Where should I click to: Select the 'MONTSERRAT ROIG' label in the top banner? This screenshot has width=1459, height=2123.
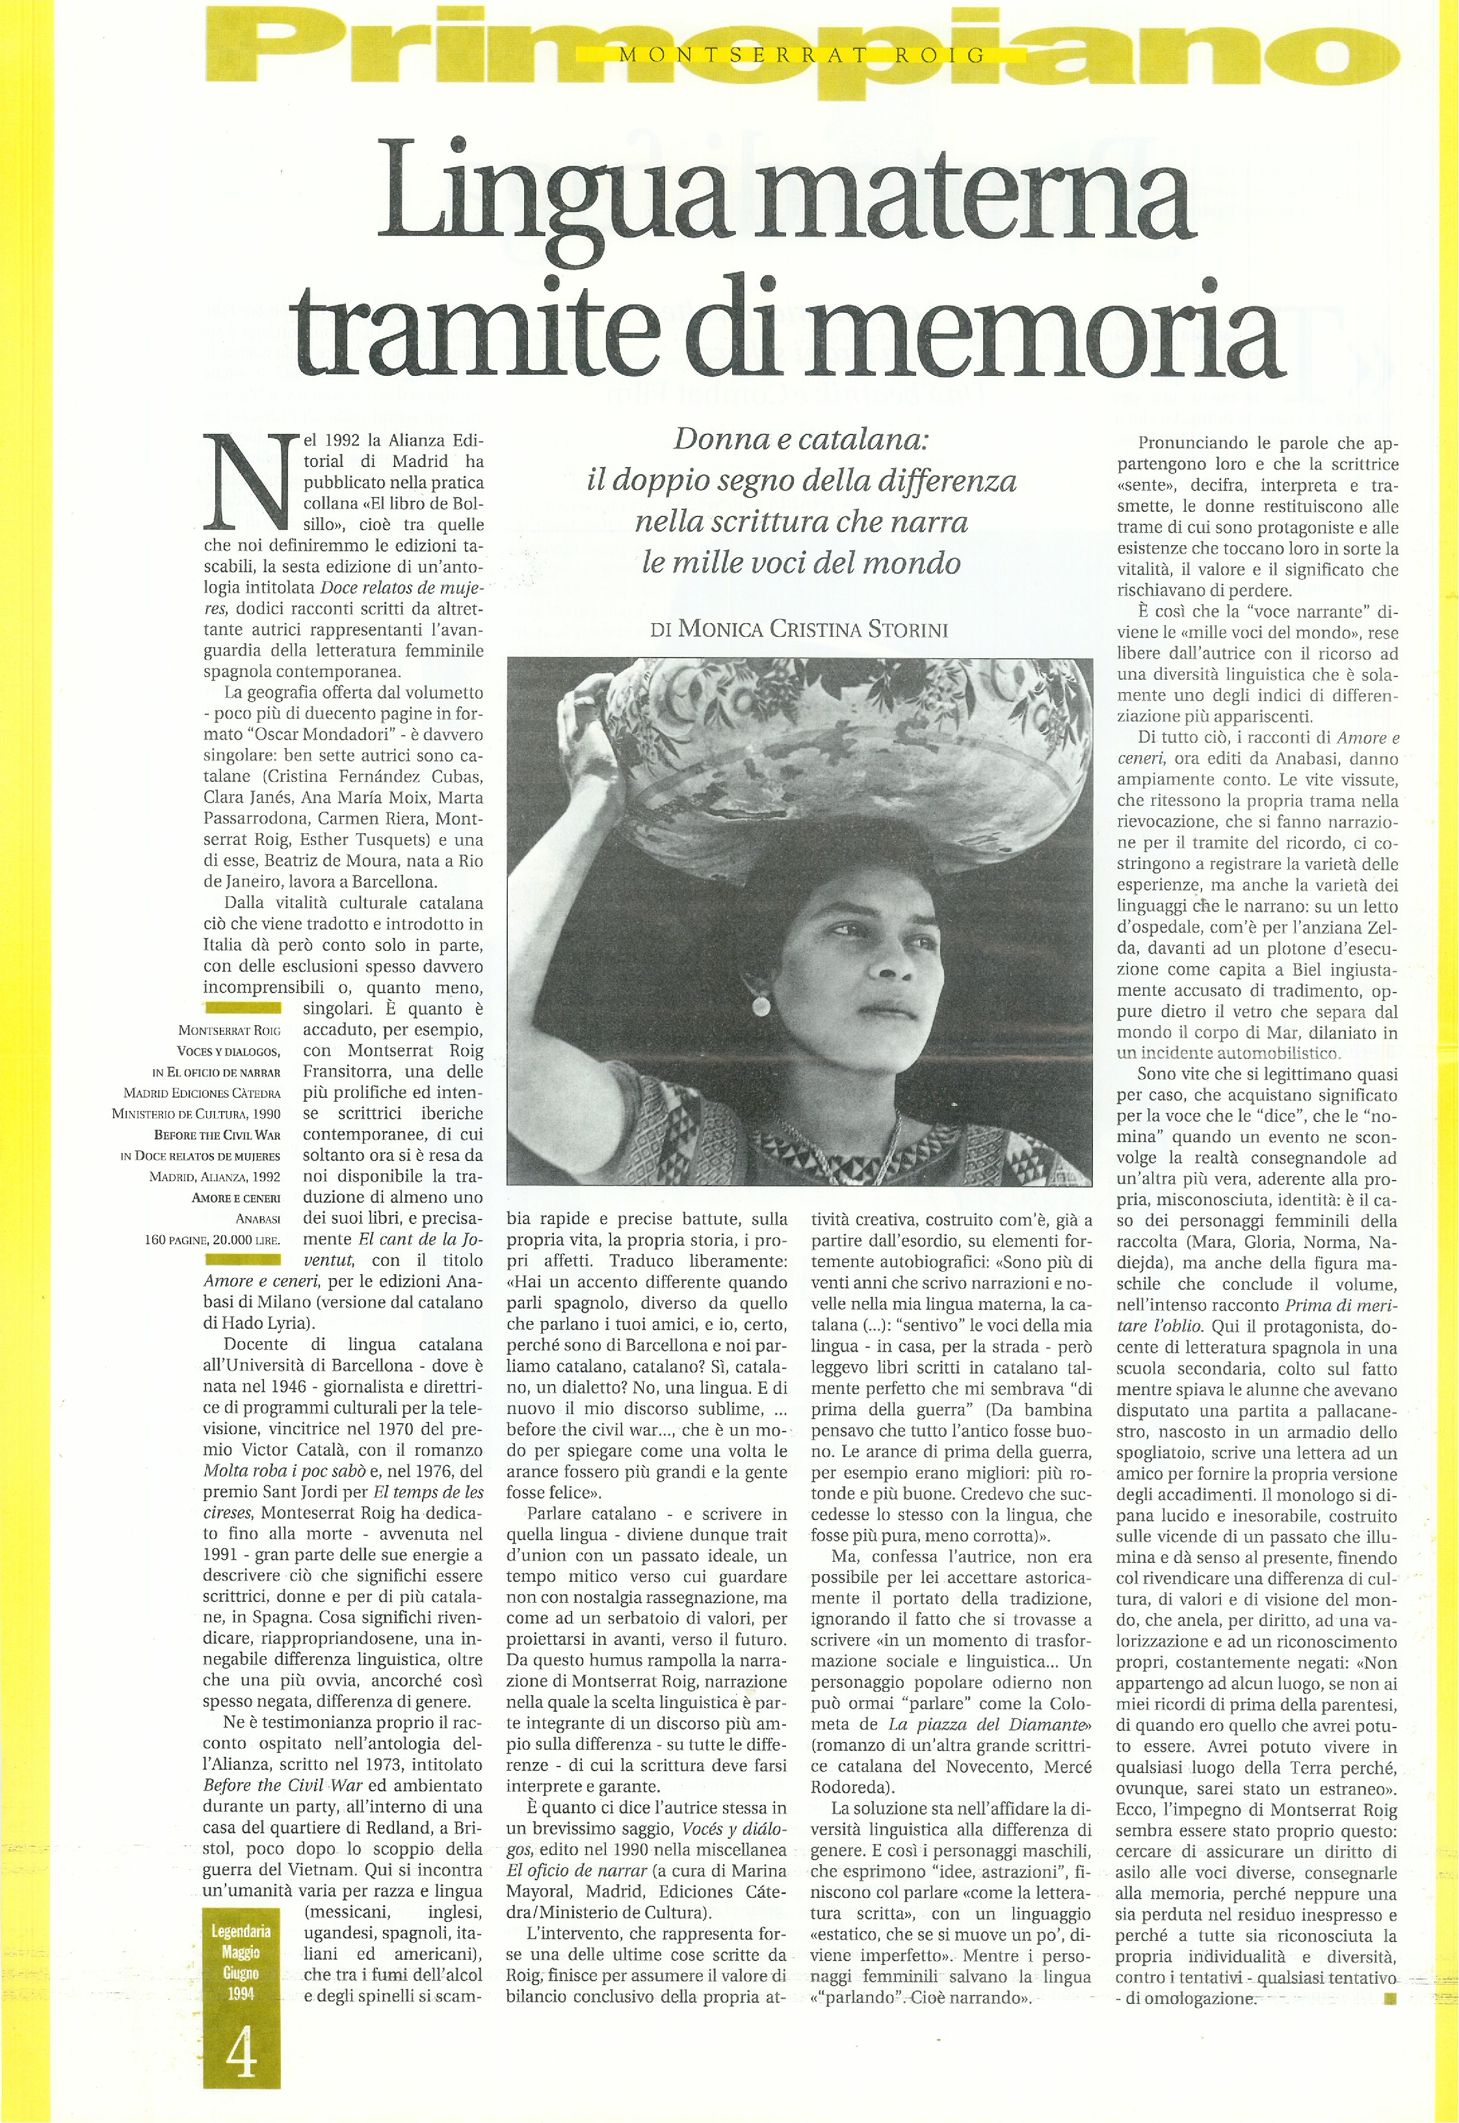click(x=802, y=55)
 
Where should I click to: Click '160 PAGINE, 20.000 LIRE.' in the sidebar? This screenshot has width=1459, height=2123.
click(x=212, y=1240)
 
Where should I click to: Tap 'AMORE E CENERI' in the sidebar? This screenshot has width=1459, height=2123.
click(x=236, y=1197)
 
